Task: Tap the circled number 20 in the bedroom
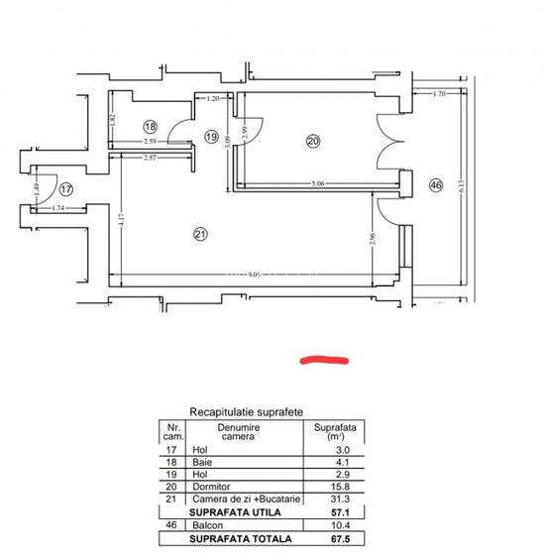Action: (x=313, y=141)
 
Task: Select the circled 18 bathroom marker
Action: (x=150, y=127)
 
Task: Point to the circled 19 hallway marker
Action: (x=211, y=136)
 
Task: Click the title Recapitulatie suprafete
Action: (x=246, y=410)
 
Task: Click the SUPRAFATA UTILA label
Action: (x=237, y=512)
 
